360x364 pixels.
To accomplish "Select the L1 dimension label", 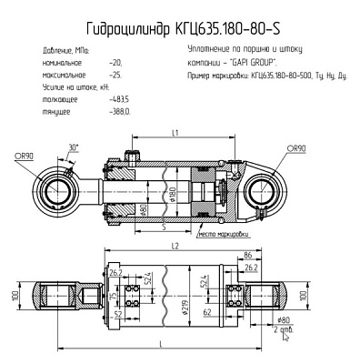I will (174, 133).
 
